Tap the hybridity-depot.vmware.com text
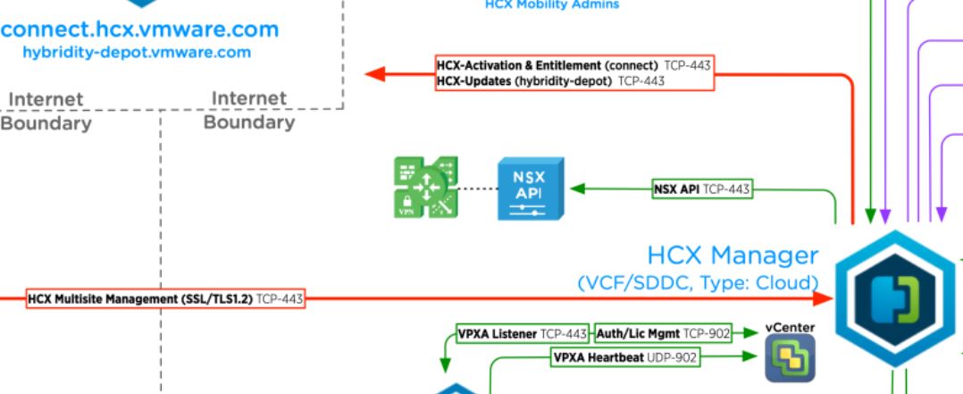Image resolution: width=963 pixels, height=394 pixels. tap(137, 52)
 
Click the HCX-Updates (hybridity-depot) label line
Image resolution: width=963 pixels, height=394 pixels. tap(550, 81)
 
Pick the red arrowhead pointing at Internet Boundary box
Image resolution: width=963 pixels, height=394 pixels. tap(375, 74)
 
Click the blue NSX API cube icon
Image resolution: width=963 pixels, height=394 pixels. tap(530, 189)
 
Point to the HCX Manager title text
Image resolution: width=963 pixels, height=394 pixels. tap(733, 256)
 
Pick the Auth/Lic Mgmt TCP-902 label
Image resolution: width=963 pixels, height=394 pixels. tap(663, 334)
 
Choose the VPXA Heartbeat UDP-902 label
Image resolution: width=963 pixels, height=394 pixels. tap(625, 357)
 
